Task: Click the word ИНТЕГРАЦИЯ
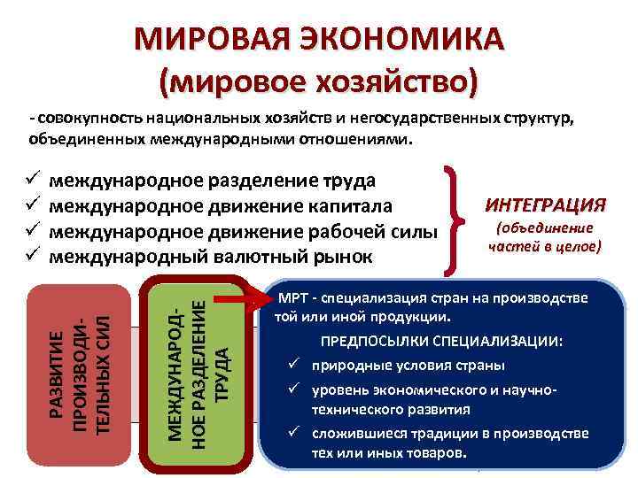pos(545,205)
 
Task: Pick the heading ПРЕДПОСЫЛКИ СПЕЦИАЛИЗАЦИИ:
pos(440,342)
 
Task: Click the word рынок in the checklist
pos(343,257)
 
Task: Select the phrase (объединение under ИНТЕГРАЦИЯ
pos(544,228)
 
